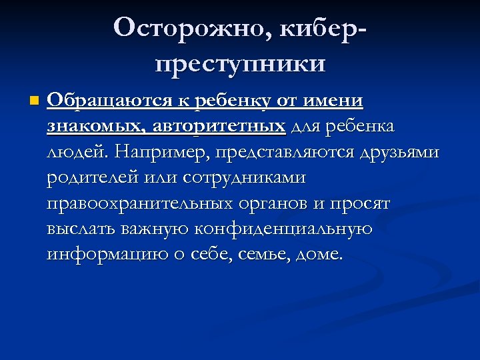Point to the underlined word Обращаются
tap(109, 101)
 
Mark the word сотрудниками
tap(244, 177)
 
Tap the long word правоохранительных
tap(151, 203)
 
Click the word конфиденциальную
tap(283, 228)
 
